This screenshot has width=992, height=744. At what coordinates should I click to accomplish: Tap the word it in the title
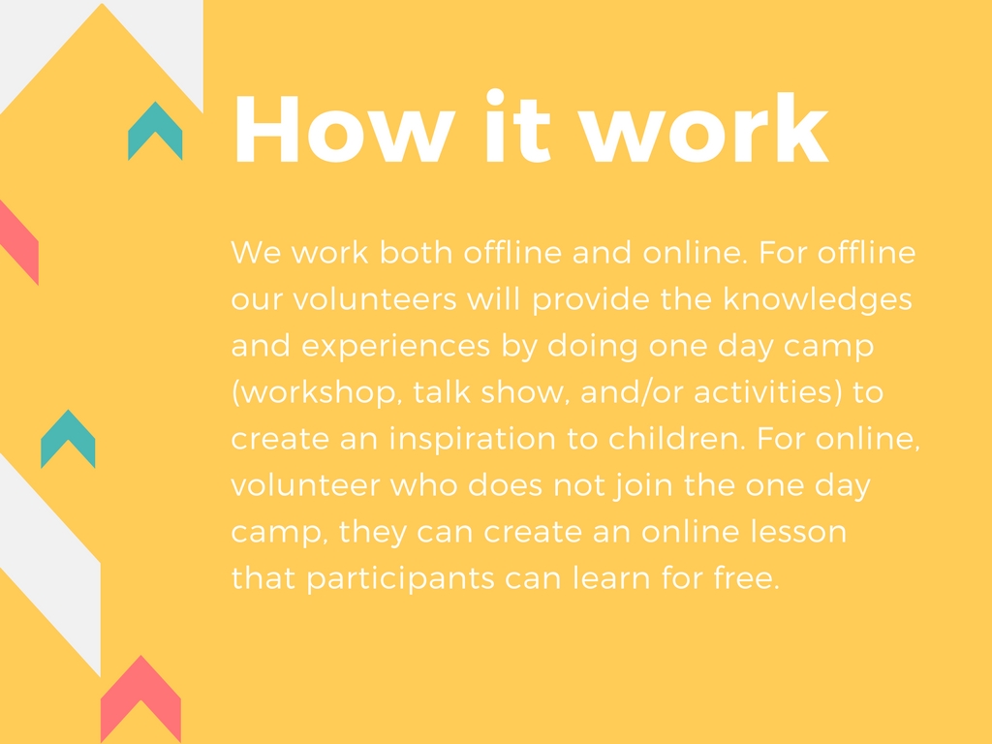517,127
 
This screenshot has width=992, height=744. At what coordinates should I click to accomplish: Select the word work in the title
703,129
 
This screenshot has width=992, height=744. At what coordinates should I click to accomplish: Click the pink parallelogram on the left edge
19,242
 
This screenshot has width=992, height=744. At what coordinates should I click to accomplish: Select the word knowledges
818,299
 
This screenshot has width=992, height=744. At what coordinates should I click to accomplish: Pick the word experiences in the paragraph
395,346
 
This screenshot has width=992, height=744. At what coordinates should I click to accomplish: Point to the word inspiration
473,439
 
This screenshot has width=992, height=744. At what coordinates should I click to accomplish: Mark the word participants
400,579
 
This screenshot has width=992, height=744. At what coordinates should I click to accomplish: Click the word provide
591,299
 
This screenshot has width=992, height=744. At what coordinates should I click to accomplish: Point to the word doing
592,346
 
